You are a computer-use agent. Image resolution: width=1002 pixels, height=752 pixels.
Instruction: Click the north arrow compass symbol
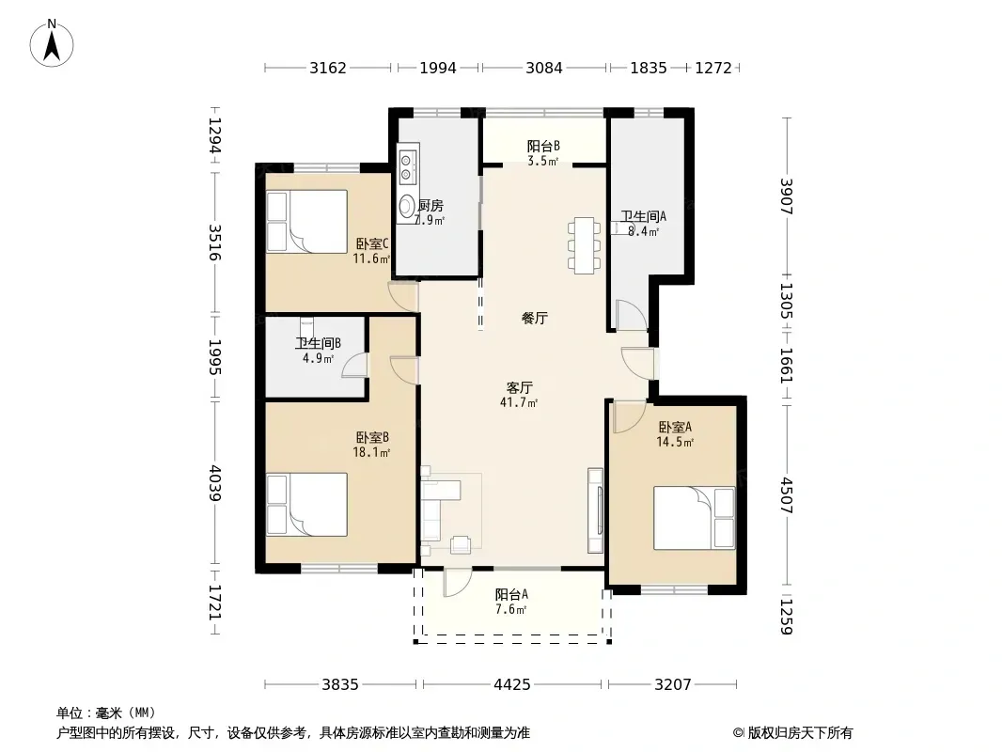pyautogui.click(x=52, y=43)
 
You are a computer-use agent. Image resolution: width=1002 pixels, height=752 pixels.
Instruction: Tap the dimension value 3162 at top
pyautogui.click(x=328, y=68)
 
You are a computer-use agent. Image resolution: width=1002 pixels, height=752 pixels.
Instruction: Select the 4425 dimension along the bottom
pyautogui.click(x=512, y=685)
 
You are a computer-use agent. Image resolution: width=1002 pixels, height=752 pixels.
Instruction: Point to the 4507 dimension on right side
pyautogui.click(x=786, y=495)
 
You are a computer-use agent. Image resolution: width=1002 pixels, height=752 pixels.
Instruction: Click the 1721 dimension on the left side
pyautogui.click(x=214, y=602)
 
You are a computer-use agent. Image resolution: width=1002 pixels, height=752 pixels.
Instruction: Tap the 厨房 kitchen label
pyautogui.click(x=431, y=206)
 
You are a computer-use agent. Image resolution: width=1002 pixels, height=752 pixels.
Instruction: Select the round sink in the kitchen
pyautogui.click(x=406, y=206)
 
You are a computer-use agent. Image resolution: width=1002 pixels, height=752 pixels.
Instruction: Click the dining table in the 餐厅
pyautogui.click(x=584, y=246)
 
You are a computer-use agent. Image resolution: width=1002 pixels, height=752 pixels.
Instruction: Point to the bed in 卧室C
pyautogui.click(x=306, y=222)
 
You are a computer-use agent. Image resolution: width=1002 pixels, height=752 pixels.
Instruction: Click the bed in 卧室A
pyautogui.click(x=694, y=518)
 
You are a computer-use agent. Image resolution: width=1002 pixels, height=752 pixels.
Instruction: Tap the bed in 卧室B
pyautogui.click(x=306, y=504)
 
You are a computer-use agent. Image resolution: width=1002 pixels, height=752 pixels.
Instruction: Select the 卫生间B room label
pyautogui.click(x=318, y=343)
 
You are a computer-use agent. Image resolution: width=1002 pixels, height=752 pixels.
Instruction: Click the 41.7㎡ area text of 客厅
pyautogui.click(x=518, y=402)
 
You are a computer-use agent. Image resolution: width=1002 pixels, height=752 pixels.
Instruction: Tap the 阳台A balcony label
pyautogui.click(x=511, y=594)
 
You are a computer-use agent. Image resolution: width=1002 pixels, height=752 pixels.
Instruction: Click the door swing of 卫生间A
pyautogui.click(x=632, y=315)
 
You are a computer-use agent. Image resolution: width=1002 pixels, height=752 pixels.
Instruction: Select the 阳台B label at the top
pyautogui.click(x=543, y=147)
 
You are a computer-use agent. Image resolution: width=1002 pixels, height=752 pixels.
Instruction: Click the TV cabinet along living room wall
pyautogui.click(x=595, y=510)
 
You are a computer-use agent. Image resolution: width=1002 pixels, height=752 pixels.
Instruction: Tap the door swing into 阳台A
pyautogui.click(x=458, y=582)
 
